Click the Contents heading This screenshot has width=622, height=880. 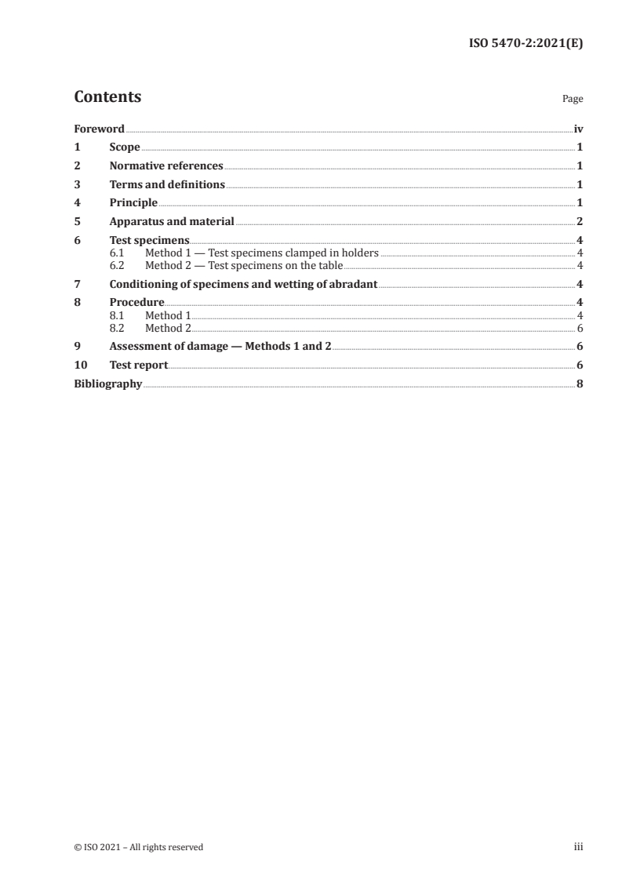pos(107,97)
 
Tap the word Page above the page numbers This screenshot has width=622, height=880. pos(573,100)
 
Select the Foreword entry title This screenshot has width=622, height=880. pos(99,129)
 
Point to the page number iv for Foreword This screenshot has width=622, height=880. pos(578,129)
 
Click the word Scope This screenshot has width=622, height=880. pos(125,147)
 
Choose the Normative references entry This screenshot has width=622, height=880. pos(166,166)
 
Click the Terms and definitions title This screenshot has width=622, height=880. pos(167,185)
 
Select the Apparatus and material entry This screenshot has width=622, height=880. pos(172,222)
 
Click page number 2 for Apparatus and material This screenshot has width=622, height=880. pos(579,222)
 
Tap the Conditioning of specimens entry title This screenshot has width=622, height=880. pos(244,284)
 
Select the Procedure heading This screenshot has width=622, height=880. pos(136,303)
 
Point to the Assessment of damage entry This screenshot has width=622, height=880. pos(220,346)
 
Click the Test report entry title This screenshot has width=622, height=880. pos(139,365)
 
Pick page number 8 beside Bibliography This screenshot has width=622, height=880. pos(579,384)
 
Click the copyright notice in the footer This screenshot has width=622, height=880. pos(138,847)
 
